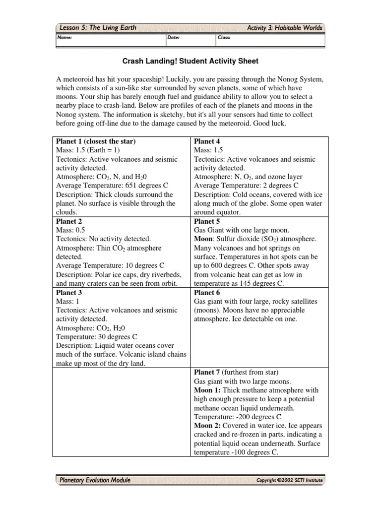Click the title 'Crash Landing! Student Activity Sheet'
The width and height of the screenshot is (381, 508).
(190, 61)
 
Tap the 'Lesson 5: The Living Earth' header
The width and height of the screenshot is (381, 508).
(98, 28)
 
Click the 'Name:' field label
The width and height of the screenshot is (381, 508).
(65, 37)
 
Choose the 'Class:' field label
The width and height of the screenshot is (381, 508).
(224, 37)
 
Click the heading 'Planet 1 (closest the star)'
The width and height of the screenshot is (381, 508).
(96, 141)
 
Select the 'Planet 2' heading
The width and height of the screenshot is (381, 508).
(69, 221)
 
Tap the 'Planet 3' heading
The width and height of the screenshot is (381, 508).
(69, 293)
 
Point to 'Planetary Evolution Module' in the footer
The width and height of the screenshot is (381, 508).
(95, 480)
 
